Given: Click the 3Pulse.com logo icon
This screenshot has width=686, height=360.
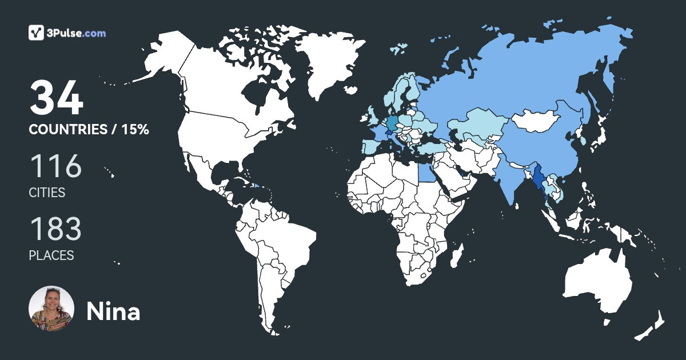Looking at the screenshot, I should coord(37,33).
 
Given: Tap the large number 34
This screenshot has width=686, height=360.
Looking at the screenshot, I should coord(57,98).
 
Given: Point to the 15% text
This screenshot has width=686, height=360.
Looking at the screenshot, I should coord(135,130).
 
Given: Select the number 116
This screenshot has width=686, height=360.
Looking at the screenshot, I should coord(55,166).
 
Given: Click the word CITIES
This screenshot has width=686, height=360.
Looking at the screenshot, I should coord(47,193).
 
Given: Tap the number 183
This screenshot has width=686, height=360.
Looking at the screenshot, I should coord(55,229).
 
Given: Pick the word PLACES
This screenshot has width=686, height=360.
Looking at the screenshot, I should coord(51,255).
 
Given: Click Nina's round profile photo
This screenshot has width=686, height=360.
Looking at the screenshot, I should coord(51,309).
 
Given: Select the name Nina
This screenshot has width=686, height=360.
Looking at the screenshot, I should coord(113,311).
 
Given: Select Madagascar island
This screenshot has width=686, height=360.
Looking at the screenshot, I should coord(456,256).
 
